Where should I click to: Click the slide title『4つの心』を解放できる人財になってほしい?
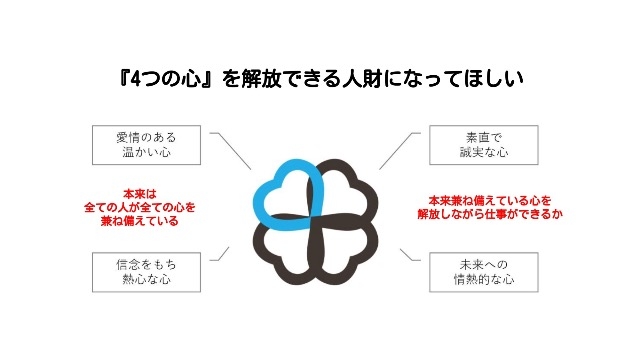[x=320, y=77]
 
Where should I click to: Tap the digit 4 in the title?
[x=136, y=77]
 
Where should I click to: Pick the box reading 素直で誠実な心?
[x=469, y=144]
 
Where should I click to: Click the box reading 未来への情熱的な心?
[x=469, y=272]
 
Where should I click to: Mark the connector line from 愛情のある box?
[x=233, y=151]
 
